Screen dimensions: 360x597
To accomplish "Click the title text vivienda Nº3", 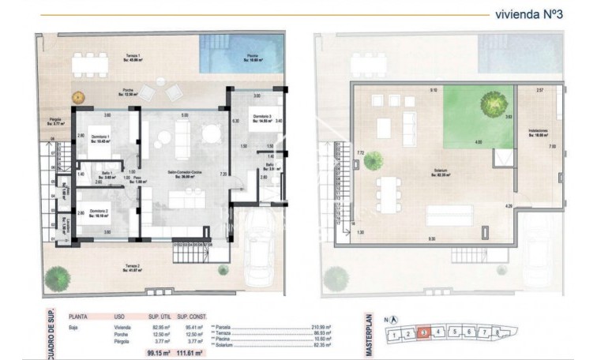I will [x=528, y=13].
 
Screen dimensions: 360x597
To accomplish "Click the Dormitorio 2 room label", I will [x=99, y=212].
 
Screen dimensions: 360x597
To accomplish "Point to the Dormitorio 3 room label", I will [x=261, y=120].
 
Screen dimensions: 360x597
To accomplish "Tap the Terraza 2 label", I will [x=130, y=269].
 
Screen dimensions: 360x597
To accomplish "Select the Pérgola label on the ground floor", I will [x=58, y=122].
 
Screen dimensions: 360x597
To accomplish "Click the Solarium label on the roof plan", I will [x=430, y=171].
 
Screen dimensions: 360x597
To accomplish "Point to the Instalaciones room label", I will [x=539, y=133].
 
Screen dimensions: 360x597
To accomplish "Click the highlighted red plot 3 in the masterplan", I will [x=424, y=332].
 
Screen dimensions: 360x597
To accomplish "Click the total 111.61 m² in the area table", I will [x=190, y=354].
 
